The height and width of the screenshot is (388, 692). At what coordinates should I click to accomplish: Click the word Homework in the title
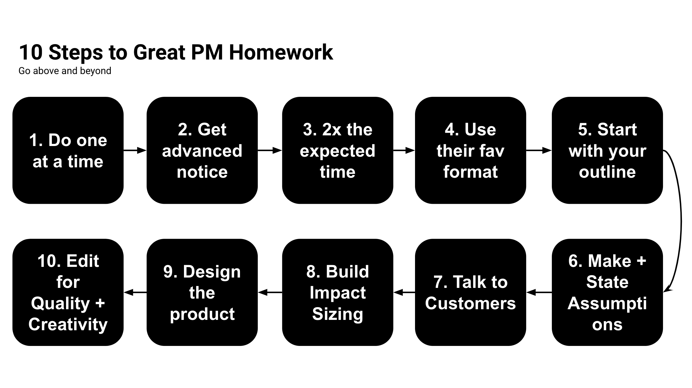pyautogui.click(x=281, y=52)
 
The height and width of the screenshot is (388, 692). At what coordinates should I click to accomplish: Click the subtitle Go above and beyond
pyautogui.click(x=65, y=71)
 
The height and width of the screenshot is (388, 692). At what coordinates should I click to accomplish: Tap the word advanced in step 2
pyautogui.click(x=202, y=151)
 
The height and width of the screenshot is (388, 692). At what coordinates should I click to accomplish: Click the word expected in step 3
pyautogui.click(x=337, y=151)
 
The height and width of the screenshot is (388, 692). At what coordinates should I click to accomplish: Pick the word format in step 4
pyautogui.click(x=470, y=172)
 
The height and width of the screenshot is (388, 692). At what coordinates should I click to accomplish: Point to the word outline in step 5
pyautogui.click(x=607, y=172)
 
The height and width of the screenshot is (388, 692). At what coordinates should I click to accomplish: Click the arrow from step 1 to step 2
pyautogui.click(x=135, y=150)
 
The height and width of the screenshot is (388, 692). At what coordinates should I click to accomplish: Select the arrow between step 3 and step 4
pyautogui.click(x=404, y=150)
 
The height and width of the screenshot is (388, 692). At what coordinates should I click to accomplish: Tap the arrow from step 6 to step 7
pyautogui.click(x=539, y=293)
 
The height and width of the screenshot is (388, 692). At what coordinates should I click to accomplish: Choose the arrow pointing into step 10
pyautogui.click(x=135, y=293)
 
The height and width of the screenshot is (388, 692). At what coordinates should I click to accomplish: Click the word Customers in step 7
pyautogui.click(x=470, y=303)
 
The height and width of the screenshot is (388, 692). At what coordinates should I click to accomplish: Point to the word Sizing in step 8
pyautogui.click(x=337, y=314)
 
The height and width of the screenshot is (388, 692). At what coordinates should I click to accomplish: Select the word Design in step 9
pyautogui.click(x=212, y=272)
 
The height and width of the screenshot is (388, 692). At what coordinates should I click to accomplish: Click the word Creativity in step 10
pyautogui.click(x=68, y=324)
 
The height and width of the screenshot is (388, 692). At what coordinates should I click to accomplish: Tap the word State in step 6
pyautogui.click(x=607, y=282)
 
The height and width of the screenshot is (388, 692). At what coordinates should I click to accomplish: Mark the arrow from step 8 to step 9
pyautogui.click(x=270, y=293)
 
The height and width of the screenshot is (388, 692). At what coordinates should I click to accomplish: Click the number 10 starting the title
pyautogui.click(x=31, y=52)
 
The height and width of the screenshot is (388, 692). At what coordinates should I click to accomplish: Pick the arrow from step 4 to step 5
pyautogui.click(x=539, y=150)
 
